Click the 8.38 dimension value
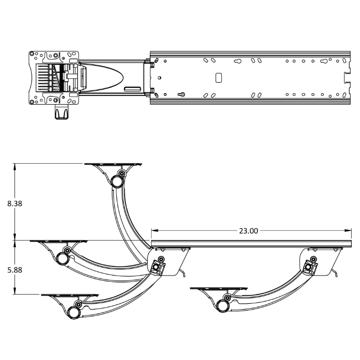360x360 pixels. [x=15, y=204]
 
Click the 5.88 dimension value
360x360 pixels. [x=15, y=270]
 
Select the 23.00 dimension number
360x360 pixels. [x=249, y=231]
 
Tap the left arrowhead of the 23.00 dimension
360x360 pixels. [x=155, y=230]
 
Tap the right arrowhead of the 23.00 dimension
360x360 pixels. [x=348, y=230]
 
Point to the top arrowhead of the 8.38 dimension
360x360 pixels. [x=15, y=167]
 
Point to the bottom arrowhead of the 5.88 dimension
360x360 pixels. [x=15, y=291]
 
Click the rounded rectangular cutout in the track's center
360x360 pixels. [x=218, y=78]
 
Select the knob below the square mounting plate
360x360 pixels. [x=61, y=112]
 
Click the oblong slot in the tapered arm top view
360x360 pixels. [x=132, y=89]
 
